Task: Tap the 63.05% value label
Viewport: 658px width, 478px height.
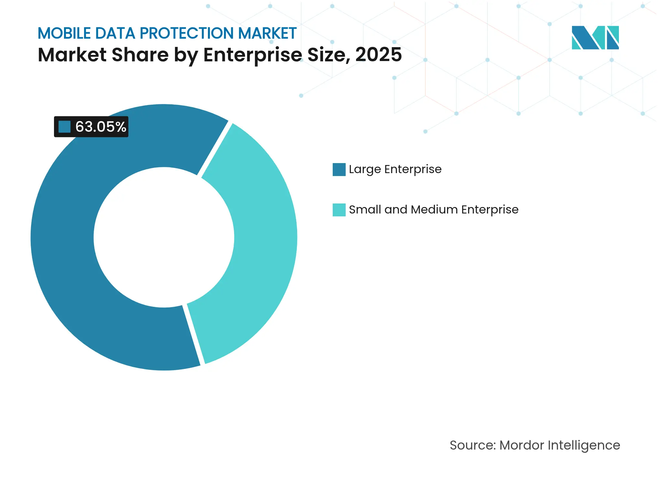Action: pos(101,127)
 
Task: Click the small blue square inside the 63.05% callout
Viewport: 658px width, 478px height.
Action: pos(64,127)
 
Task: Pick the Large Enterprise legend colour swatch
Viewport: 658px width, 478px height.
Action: pos(339,170)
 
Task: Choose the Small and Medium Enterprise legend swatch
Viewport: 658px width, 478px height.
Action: pos(339,210)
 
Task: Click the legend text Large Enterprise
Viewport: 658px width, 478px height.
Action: pos(395,169)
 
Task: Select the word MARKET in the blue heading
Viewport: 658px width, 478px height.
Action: pos(267,33)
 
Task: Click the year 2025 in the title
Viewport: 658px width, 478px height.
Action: pos(378,55)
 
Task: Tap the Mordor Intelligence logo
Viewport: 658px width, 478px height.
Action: pos(595,37)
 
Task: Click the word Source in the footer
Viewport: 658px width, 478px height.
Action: pos(472,445)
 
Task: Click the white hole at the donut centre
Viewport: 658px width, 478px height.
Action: pos(164,237)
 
